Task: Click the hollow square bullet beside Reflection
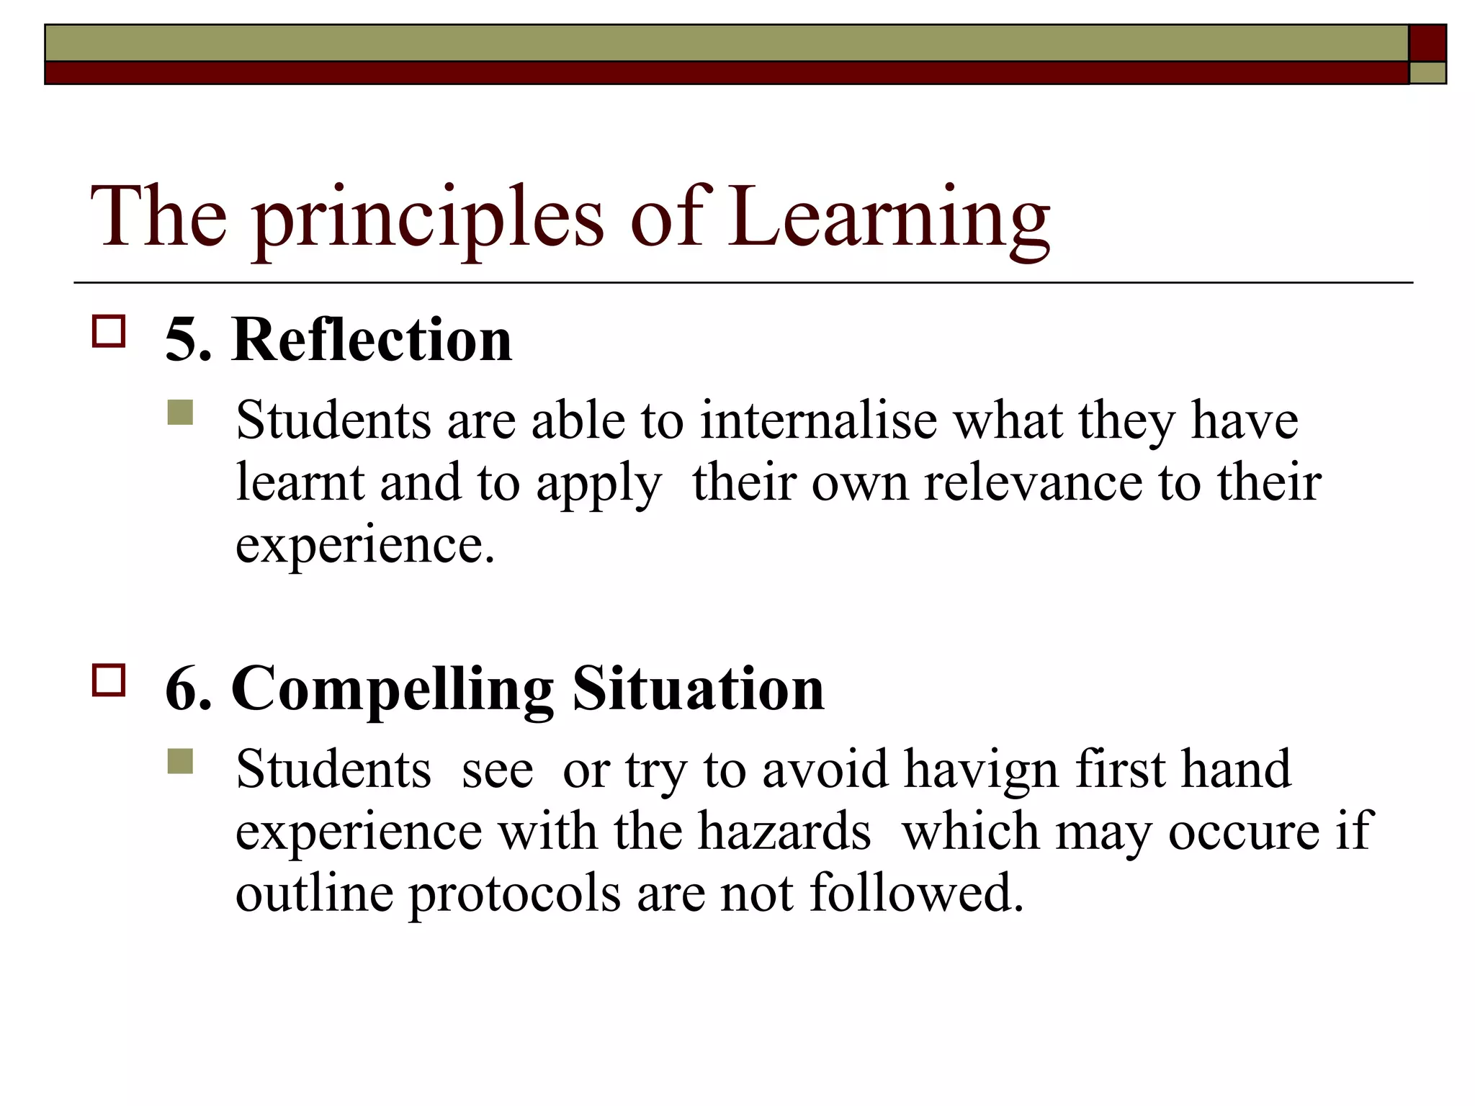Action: [x=109, y=332]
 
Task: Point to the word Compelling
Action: [x=393, y=690]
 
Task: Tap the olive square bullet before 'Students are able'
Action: [x=180, y=413]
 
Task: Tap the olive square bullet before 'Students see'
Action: [x=180, y=762]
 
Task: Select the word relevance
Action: [x=1033, y=482]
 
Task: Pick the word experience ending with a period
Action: [x=365, y=546]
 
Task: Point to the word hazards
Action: [x=784, y=832]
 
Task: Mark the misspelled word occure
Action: [x=1244, y=832]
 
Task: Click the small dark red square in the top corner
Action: [x=1427, y=43]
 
